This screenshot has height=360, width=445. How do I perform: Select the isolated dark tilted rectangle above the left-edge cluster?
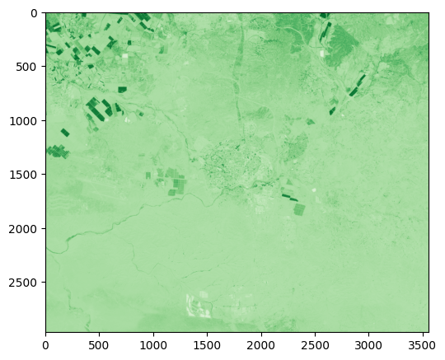[x=65, y=132]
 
